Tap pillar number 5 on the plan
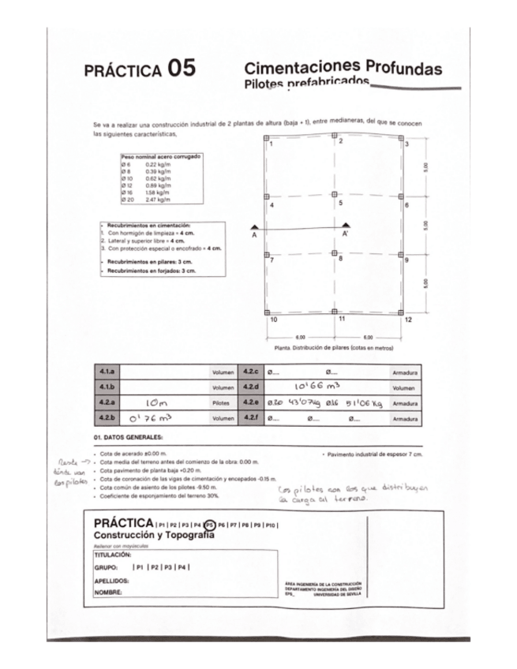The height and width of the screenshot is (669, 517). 340,203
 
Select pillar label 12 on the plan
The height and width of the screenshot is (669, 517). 408,320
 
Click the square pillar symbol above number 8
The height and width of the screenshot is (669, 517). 335,252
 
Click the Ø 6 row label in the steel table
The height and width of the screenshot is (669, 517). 126,163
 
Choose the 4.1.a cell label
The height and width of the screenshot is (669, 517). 107,371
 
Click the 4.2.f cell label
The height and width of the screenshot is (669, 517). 251,418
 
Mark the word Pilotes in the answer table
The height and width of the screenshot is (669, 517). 222,402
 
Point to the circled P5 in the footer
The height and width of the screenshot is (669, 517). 209,524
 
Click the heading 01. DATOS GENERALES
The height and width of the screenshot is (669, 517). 128,436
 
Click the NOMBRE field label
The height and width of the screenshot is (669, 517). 107,592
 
